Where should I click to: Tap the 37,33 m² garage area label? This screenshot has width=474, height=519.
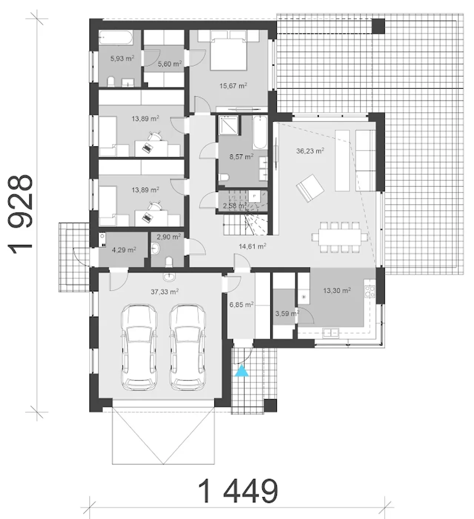click(165, 292)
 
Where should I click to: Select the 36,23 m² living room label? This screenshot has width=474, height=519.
click(310, 151)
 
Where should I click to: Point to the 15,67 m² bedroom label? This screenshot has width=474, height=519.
click(233, 86)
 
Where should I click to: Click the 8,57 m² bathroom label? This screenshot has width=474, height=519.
click(241, 157)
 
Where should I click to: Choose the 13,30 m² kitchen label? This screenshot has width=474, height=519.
click(337, 291)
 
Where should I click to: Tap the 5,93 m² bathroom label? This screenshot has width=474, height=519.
click(122, 59)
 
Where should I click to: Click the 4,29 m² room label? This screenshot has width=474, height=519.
click(124, 250)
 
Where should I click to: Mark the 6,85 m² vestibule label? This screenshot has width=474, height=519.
click(241, 305)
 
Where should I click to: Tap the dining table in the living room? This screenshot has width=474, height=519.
click(340, 237)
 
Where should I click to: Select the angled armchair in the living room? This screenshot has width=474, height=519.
click(310, 188)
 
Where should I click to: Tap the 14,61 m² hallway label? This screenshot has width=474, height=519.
click(253, 246)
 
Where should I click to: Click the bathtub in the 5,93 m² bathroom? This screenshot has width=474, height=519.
click(116, 37)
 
